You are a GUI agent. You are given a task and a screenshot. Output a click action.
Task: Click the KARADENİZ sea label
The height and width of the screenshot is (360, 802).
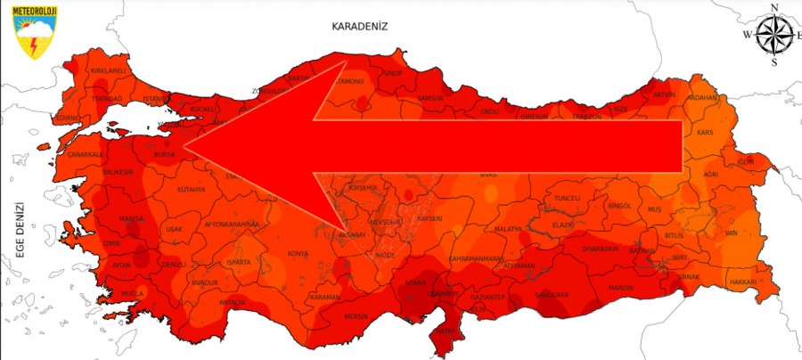click(x=361, y=26)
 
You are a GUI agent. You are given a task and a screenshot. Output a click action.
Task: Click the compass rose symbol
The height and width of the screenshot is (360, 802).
click(x=773, y=36)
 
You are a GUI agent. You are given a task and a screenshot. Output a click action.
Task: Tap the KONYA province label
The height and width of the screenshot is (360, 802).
click(x=298, y=254)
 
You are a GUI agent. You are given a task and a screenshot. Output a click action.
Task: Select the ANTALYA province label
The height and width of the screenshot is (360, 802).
click(x=232, y=302)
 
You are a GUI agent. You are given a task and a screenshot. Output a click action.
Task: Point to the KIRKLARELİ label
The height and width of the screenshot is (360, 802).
click(x=105, y=70)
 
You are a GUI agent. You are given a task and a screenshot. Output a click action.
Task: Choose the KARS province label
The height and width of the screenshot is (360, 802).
click(x=705, y=133)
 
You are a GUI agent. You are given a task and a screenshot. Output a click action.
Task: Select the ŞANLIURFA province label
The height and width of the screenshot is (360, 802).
click(x=552, y=294)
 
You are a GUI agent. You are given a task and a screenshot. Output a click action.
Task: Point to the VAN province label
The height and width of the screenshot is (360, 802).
click(x=730, y=233)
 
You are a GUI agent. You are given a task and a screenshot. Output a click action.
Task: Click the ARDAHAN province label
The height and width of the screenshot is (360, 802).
click(x=702, y=97)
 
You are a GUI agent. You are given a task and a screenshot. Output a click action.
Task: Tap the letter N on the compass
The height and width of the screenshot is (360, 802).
click(x=773, y=8)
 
